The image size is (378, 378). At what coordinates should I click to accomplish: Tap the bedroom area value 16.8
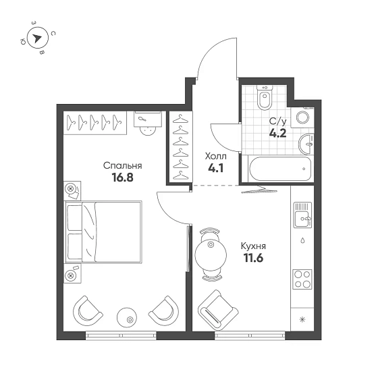click(122, 179)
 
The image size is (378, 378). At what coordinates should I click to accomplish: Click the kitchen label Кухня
click(253, 246)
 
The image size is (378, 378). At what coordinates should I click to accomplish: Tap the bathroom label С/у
click(277, 122)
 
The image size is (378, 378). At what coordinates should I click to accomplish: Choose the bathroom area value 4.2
click(277, 133)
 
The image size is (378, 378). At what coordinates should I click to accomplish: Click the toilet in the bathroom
click(264, 101)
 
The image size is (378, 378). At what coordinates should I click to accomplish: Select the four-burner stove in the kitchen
click(302, 279)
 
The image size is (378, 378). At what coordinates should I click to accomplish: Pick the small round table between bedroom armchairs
click(126, 315)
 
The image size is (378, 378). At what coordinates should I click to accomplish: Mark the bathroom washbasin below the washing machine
click(308, 142)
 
